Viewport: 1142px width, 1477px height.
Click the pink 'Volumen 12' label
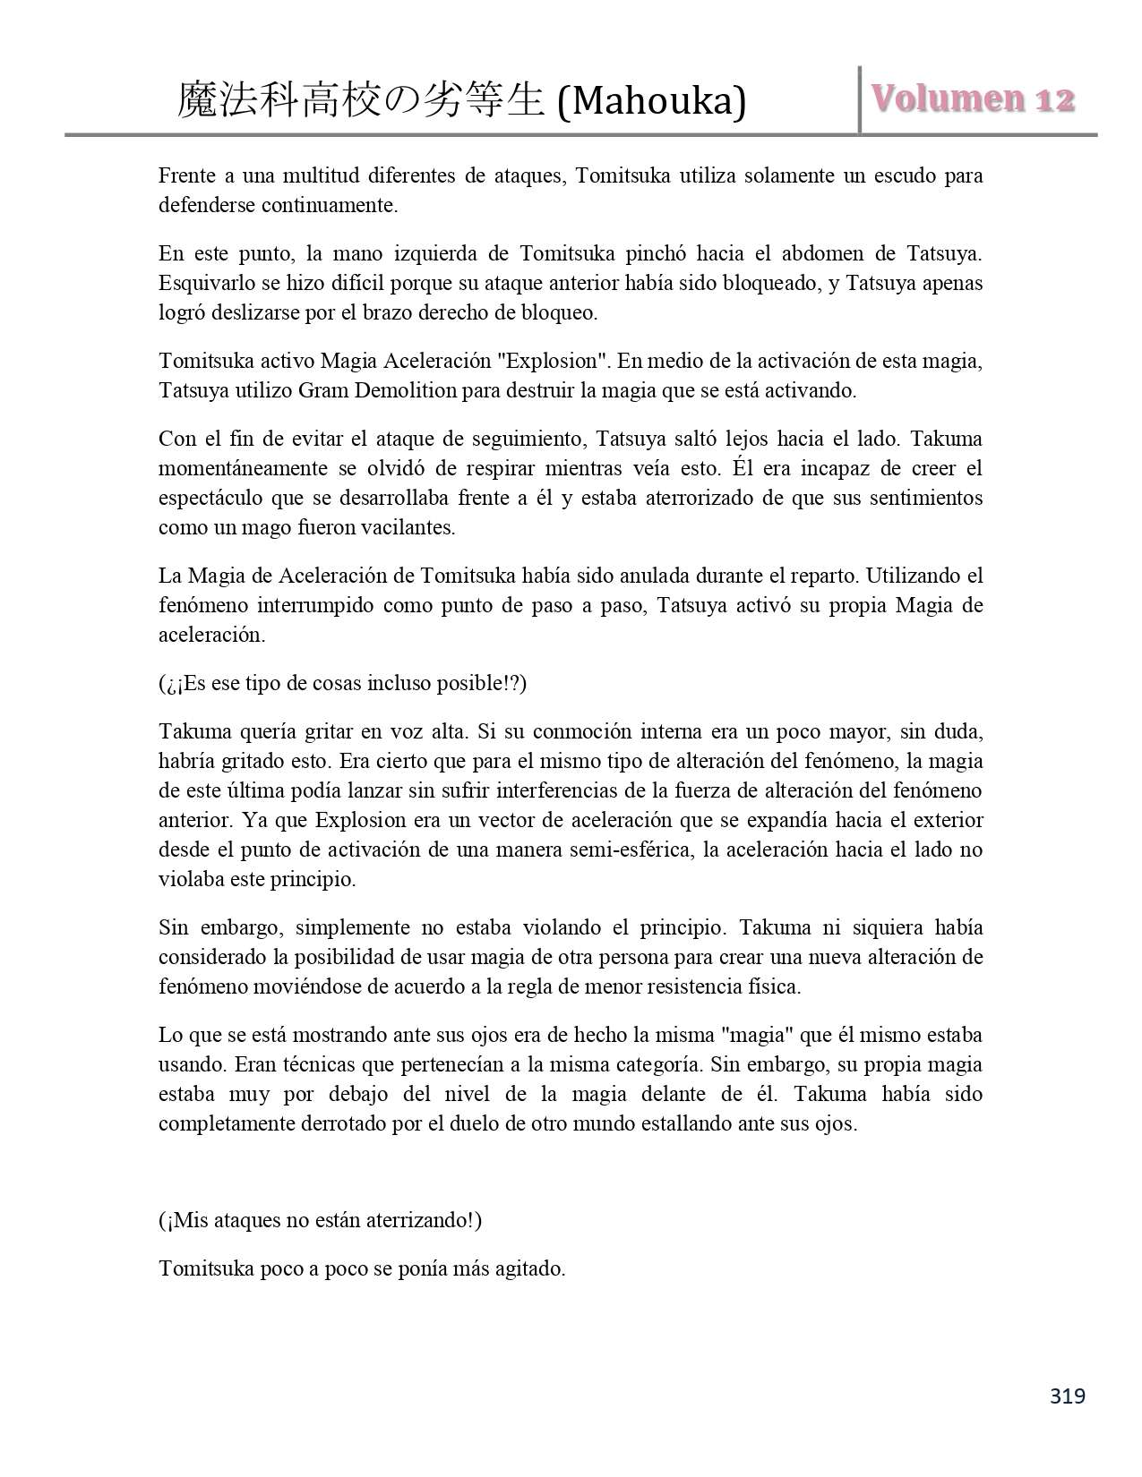(971, 99)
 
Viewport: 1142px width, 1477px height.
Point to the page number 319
(1067, 1396)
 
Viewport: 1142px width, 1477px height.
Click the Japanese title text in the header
(362, 100)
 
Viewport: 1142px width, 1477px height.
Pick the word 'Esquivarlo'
(204, 283)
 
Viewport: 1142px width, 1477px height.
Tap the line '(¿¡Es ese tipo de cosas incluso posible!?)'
(342, 683)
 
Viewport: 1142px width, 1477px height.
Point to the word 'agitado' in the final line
(528, 1268)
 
